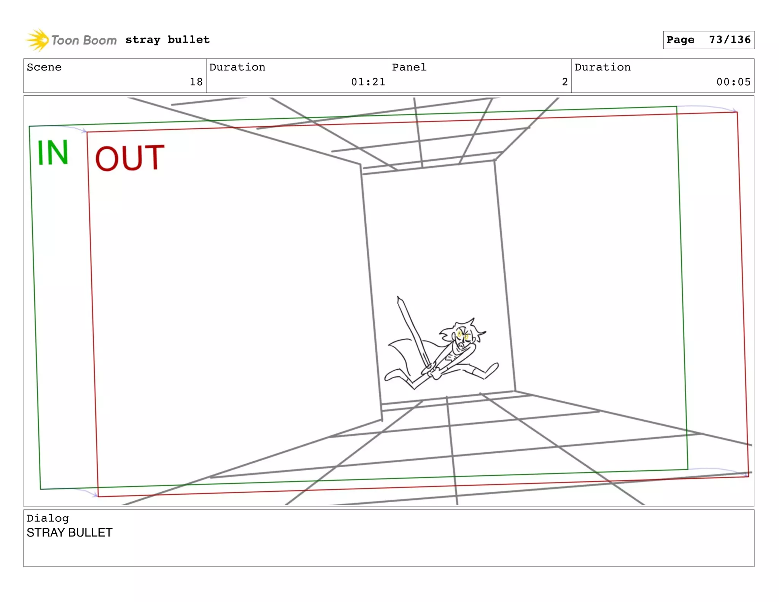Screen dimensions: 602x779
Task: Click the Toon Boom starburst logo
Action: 37,40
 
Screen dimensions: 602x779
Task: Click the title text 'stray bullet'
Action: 167,40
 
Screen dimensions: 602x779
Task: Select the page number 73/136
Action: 730,40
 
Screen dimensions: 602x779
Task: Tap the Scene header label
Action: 44,67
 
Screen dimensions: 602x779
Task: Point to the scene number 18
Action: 196,82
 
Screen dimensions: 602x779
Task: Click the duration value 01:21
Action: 368,82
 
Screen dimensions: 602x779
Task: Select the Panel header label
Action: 409,67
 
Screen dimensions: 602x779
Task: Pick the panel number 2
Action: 564,82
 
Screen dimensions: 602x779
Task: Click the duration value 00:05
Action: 733,82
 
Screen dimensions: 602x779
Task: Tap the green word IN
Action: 53,153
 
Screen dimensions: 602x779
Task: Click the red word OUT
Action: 130,158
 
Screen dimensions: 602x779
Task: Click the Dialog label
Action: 48,518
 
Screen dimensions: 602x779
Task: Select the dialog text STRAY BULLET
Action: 70,532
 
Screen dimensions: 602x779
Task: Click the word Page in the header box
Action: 680,40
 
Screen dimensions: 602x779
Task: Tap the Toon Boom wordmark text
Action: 84,40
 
